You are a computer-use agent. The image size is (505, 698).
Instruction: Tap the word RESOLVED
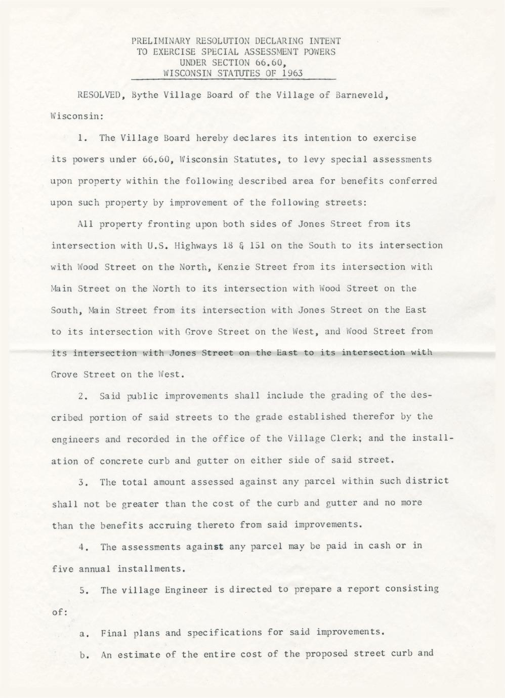[x=98, y=95]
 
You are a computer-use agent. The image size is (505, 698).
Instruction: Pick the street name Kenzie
[x=232, y=267]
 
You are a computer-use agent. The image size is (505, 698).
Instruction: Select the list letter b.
[x=83, y=654]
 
